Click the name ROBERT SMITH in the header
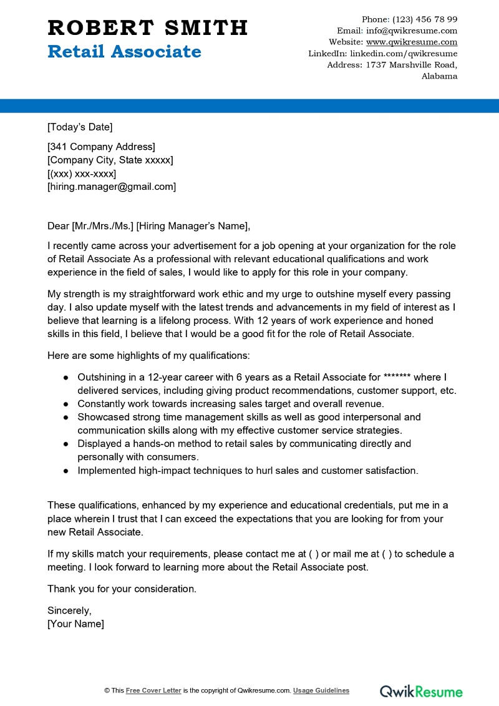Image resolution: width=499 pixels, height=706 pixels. click(x=148, y=27)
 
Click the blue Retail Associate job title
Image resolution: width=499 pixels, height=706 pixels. click(x=124, y=52)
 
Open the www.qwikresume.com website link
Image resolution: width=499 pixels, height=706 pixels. click(x=411, y=42)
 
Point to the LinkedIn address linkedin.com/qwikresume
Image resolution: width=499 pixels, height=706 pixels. click(x=404, y=54)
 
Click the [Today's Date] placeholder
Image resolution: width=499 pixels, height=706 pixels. click(x=80, y=127)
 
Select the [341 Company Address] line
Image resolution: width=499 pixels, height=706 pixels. click(x=101, y=147)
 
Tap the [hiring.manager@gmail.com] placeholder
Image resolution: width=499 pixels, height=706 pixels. click(x=112, y=186)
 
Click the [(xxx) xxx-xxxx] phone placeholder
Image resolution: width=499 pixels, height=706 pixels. click(x=82, y=173)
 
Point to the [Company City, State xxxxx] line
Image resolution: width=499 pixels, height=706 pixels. click(x=110, y=160)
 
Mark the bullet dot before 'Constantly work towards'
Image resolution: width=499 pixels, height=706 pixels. click(x=65, y=404)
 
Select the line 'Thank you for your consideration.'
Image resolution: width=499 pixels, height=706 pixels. click(x=122, y=589)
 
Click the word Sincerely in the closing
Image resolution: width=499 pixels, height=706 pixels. click(x=69, y=610)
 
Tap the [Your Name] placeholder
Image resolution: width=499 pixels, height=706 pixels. click(x=75, y=624)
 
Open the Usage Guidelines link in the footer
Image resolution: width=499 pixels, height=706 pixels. click(x=321, y=690)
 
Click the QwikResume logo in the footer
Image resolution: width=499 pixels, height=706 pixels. click(x=422, y=691)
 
